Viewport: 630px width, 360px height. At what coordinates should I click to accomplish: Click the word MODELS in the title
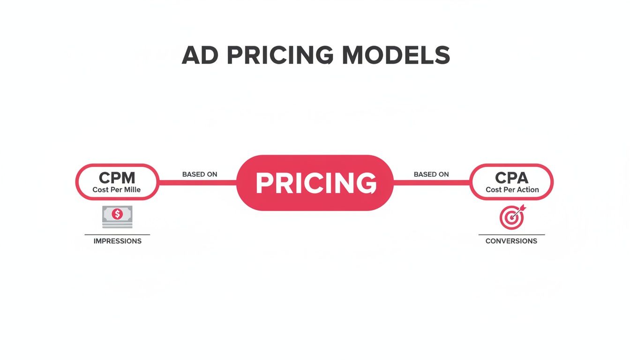coord(396,56)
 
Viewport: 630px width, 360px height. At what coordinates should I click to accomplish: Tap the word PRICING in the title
coord(280,56)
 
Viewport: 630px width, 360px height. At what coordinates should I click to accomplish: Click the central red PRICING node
coord(315,183)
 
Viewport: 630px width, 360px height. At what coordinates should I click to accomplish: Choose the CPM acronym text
coord(117,178)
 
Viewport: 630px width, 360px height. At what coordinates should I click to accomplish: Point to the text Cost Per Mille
coord(117,190)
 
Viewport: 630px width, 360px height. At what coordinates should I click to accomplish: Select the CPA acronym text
coord(511,178)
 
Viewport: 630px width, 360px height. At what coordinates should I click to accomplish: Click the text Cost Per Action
coord(512,190)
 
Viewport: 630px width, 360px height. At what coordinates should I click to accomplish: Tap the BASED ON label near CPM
coord(200,174)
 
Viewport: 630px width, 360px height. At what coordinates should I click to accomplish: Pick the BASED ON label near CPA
coord(431,174)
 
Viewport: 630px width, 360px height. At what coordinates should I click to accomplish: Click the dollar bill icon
coord(117,217)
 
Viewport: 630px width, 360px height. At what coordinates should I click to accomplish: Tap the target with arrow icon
coord(511,217)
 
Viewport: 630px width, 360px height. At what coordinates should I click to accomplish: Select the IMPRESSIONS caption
coord(117,241)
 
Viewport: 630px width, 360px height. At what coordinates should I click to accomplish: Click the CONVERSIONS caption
coord(511,241)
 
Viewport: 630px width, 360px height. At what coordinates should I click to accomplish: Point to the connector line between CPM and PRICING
coord(198,182)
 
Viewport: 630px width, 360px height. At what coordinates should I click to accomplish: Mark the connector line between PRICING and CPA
coord(431,182)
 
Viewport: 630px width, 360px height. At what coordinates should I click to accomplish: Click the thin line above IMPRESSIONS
coord(117,234)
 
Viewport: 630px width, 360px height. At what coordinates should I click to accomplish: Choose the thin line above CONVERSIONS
coord(511,234)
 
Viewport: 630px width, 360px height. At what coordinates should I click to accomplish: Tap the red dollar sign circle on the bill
coord(117,215)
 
